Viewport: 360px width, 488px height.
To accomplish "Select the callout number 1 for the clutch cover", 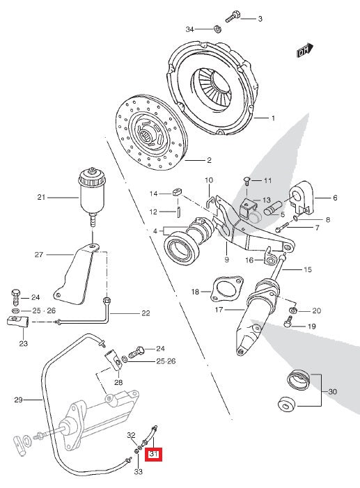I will coord(273,118).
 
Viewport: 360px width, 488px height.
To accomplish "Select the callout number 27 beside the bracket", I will coord(39,255).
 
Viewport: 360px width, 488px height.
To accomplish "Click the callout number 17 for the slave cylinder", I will coord(219,309).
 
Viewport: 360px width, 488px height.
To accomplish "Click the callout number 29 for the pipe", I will coord(19,400).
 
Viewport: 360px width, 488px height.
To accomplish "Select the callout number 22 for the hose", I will coord(145,313).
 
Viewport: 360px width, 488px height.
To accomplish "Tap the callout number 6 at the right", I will coord(334,198).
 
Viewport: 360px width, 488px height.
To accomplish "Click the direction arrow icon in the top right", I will coord(303,51).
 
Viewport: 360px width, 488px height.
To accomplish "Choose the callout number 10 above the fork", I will coord(208,181).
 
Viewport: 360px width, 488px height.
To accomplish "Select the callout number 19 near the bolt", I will coord(311,326).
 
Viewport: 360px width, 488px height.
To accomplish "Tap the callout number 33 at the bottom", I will coord(137,472).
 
